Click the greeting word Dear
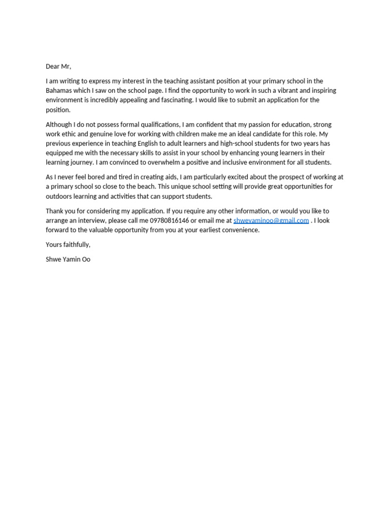53,66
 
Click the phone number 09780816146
169,221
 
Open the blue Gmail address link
271,221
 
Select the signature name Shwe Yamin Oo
68,259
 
